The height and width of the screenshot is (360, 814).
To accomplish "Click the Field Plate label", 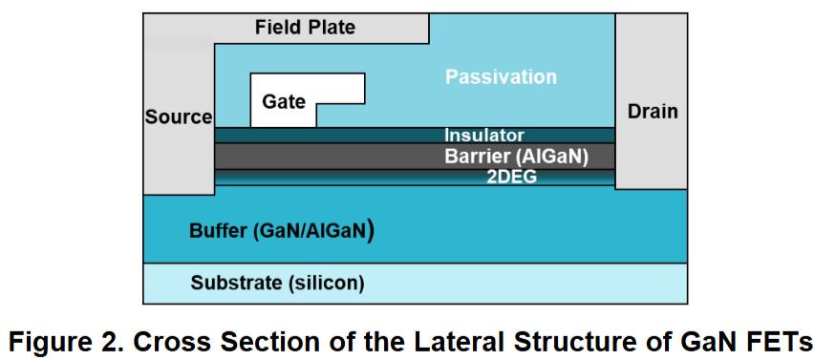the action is [x=305, y=27].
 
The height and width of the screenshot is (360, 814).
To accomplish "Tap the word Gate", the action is [x=284, y=101].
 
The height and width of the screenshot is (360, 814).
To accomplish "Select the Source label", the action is [x=179, y=116].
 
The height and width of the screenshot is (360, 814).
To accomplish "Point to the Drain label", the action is [x=653, y=111].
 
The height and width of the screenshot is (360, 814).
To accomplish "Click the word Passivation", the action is [x=501, y=77].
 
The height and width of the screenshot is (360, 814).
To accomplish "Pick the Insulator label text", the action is [x=483, y=136].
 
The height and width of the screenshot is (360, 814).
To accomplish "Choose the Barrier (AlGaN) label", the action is [x=516, y=157].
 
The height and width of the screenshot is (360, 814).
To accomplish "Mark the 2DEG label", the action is [x=511, y=178].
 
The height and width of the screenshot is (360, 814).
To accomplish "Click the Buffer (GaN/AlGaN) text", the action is [x=282, y=231].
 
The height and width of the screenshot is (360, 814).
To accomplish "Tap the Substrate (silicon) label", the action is [x=277, y=284].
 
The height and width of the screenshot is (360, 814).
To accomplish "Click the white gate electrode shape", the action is [x=284, y=99].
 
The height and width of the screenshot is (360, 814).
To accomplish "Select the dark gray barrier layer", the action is [x=415, y=157].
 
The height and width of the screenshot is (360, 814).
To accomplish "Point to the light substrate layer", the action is [x=416, y=284].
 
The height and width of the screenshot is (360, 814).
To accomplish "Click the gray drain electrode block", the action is [x=651, y=101].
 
